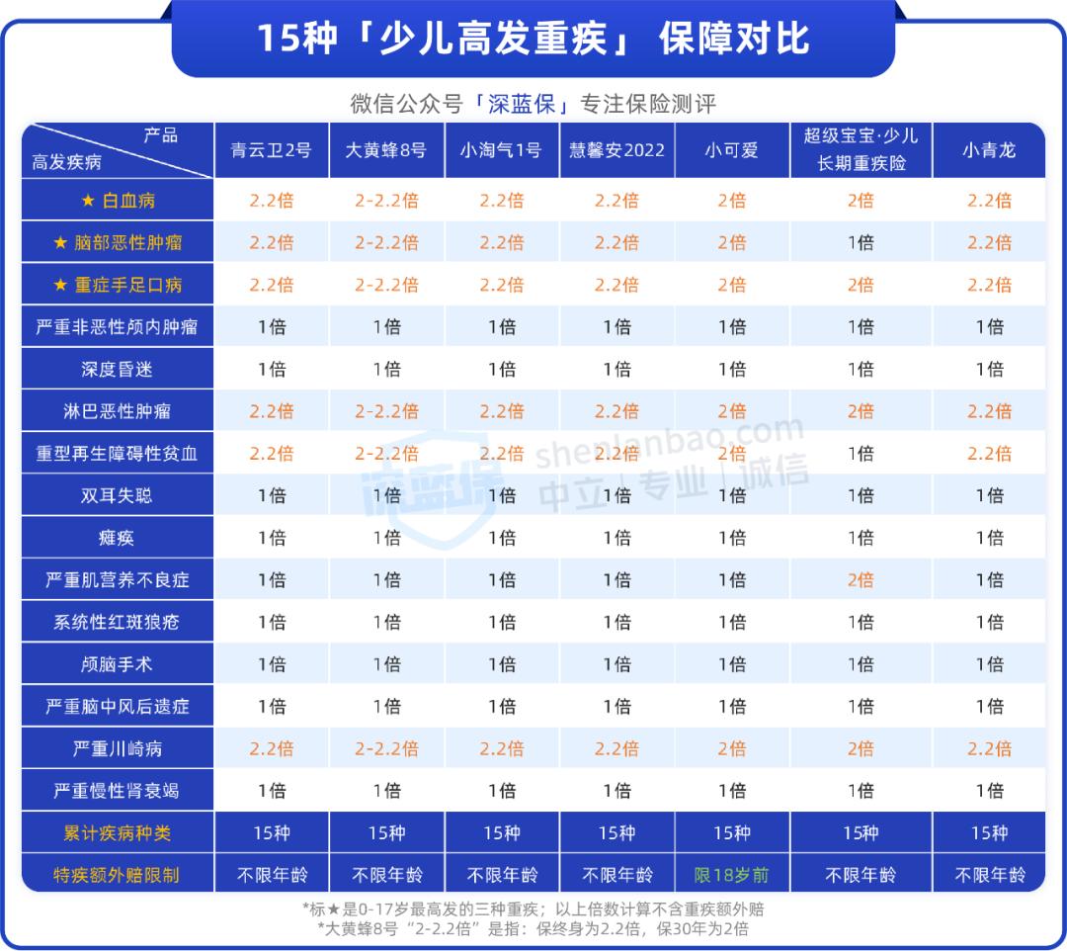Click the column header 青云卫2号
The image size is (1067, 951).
click(271, 150)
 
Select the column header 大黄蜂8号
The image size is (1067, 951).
click(386, 150)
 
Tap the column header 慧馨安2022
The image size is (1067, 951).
click(616, 150)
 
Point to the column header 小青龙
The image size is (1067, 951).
click(989, 150)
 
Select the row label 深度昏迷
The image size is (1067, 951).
click(117, 369)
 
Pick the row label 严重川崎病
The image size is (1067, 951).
click(117, 748)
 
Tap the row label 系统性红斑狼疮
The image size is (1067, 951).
click(117, 622)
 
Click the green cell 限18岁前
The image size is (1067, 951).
click(731, 875)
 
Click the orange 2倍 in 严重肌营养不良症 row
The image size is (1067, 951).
click(861, 580)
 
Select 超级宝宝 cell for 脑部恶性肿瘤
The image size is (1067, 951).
click(861, 242)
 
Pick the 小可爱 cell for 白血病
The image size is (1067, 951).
click(731, 201)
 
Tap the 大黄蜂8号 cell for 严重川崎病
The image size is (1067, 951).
click(386, 748)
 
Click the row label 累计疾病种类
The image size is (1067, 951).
click(117, 833)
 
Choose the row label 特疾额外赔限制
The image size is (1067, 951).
click(117, 875)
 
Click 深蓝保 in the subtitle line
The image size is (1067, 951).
click(521, 104)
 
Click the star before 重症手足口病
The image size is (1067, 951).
click(60, 285)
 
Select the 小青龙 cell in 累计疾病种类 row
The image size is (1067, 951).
click(989, 833)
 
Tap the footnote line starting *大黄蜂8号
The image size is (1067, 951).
click(533, 928)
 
